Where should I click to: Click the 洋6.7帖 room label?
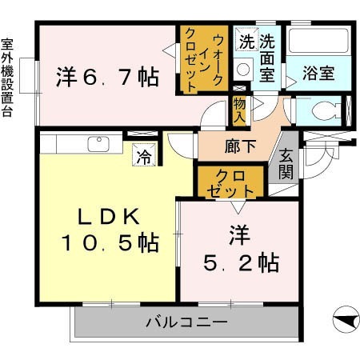pyautogui.click(x=106, y=78)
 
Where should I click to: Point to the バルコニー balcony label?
pyautogui.click(x=186, y=323)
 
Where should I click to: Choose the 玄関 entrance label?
pyautogui.click(x=286, y=165)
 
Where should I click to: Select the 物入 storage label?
pyautogui.click(x=239, y=110)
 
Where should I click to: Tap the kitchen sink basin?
pyautogui.click(x=98, y=144)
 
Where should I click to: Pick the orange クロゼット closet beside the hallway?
pyautogui.click(x=230, y=182)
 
